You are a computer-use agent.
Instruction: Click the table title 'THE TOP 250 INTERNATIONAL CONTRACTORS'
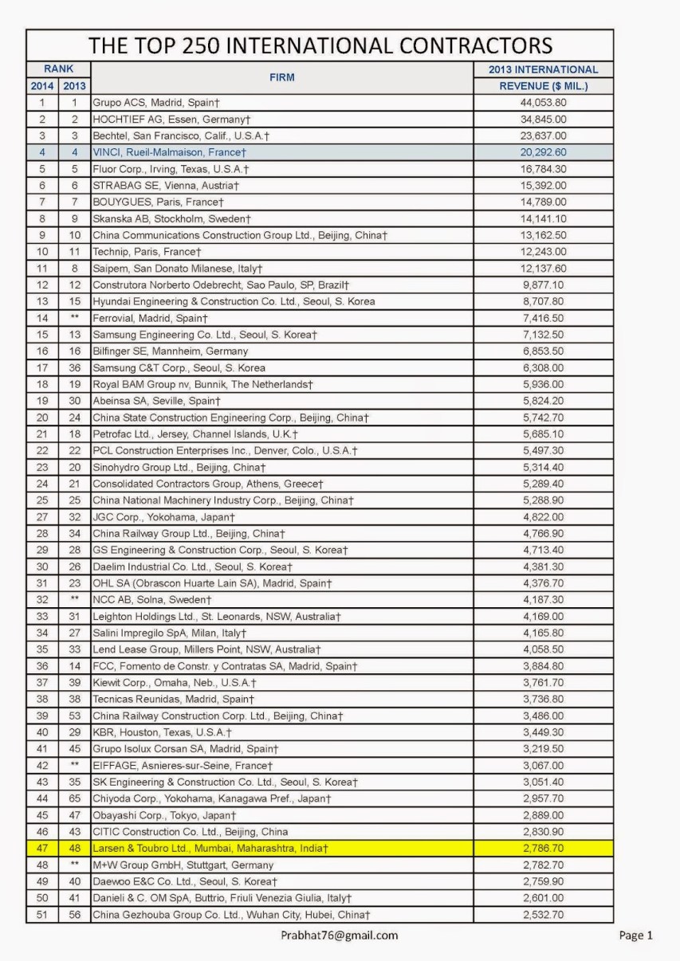[x=320, y=45]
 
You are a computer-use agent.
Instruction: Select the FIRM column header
[x=281, y=77]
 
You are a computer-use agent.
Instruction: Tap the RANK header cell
[x=58, y=69]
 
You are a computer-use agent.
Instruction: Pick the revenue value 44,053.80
[x=544, y=102]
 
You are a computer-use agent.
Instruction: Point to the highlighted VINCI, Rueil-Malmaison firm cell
[x=169, y=151]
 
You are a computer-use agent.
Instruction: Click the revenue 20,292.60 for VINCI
[x=544, y=151]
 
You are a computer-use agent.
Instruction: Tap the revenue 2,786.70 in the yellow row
[x=544, y=849]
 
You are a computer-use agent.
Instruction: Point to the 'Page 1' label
[x=635, y=936]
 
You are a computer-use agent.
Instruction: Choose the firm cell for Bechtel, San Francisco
[x=181, y=135]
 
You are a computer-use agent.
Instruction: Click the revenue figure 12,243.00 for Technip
[x=544, y=251]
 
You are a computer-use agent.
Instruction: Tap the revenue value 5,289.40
[x=544, y=484]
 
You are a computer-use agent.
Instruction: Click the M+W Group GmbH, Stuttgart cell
[x=183, y=865]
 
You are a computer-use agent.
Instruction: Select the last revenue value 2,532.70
[x=544, y=915]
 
